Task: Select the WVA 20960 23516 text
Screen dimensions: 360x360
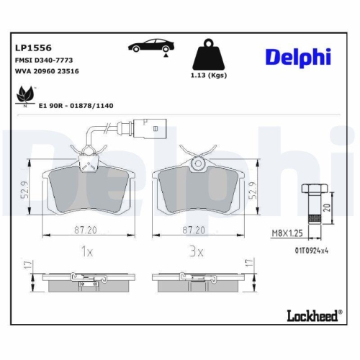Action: (48, 72)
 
